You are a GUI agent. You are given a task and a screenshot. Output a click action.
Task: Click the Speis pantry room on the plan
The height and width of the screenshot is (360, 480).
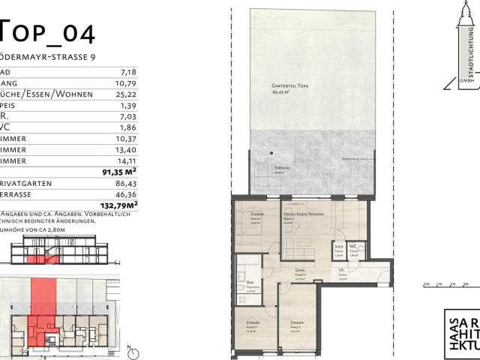tap(339, 250)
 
